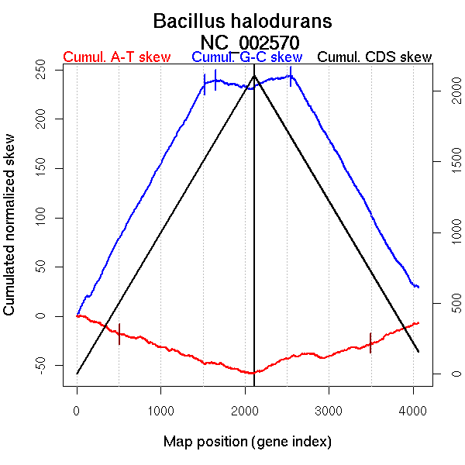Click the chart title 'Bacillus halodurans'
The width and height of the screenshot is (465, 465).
pyautogui.click(x=232, y=21)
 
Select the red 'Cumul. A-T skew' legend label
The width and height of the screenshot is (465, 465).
pyautogui.click(x=116, y=57)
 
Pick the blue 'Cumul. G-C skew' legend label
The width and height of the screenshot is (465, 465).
pyautogui.click(x=246, y=57)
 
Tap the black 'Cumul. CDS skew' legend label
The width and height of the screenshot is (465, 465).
pyautogui.click(x=375, y=57)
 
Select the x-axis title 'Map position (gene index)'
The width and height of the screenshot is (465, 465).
pyautogui.click(x=247, y=443)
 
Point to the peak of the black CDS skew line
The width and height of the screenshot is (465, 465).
pyautogui.click(x=254, y=76)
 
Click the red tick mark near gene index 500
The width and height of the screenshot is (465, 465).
pyautogui.click(x=119, y=334)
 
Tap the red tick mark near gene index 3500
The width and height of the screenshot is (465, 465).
pyautogui.click(x=370, y=343)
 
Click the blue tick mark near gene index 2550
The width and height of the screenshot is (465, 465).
pyautogui.click(x=291, y=77)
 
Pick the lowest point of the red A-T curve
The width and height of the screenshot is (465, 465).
pyautogui.click(x=252, y=373)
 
